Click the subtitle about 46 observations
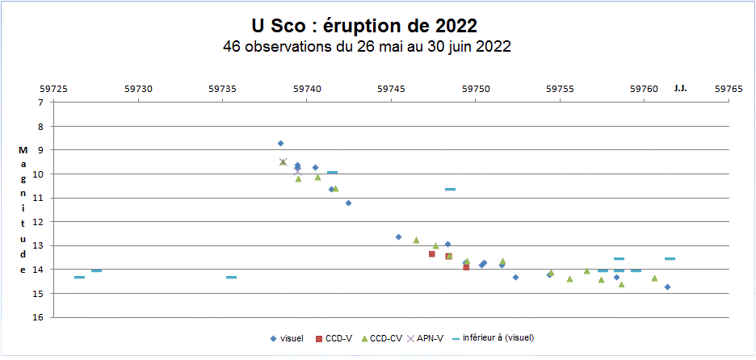[x=367, y=46]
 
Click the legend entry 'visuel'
[x=287, y=338]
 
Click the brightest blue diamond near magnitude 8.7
[x=280, y=144]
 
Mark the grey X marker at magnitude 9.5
[x=283, y=162]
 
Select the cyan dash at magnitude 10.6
[x=450, y=189]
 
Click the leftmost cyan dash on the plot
[x=79, y=277]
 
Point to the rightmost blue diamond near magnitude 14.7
[x=667, y=287]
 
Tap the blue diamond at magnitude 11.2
[x=348, y=203]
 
